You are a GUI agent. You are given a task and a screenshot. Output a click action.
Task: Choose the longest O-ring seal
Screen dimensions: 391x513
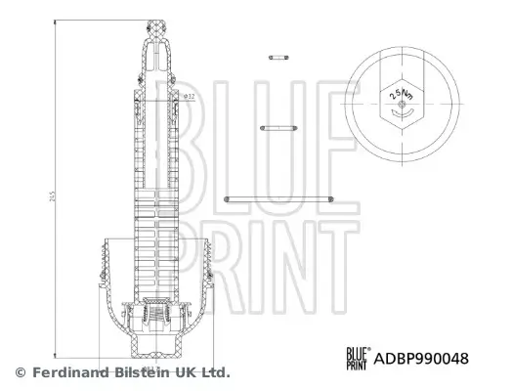[279, 200]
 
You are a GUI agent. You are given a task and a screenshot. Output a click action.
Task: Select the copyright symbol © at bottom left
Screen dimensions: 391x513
[20, 372]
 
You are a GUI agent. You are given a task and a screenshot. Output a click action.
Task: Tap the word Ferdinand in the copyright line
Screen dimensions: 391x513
[66, 372]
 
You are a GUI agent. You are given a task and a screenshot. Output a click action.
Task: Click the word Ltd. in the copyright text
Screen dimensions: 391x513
[214, 372]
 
